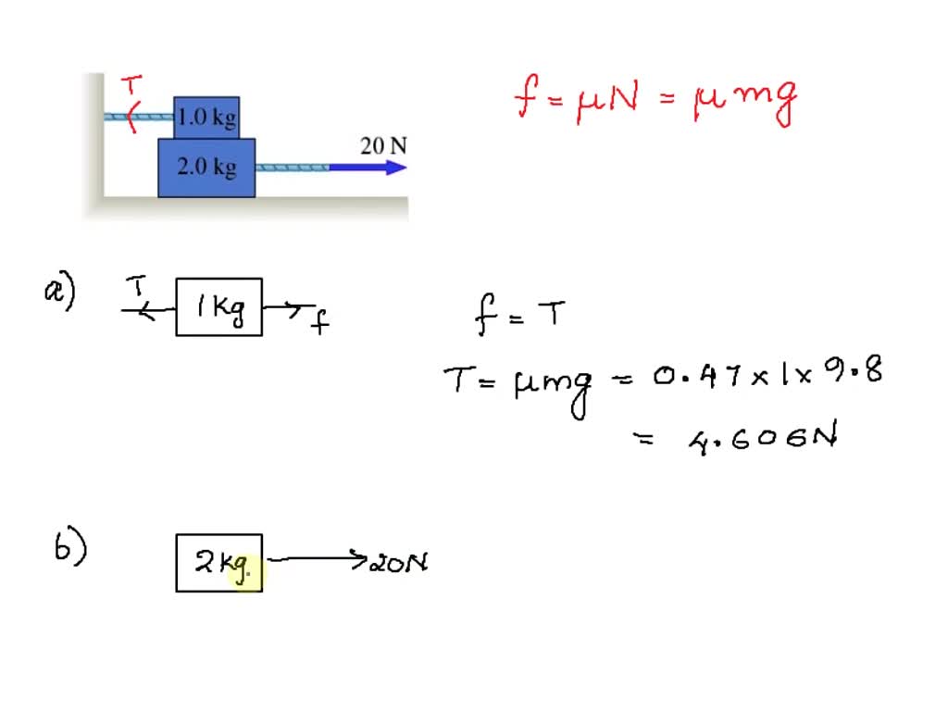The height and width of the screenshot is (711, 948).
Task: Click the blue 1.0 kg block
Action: pyautogui.click(x=206, y=118)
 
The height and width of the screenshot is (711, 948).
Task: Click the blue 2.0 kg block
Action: pyautogui.click(x=206, y=168)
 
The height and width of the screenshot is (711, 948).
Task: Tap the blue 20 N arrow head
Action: pyautogui.click(x=396, y=168)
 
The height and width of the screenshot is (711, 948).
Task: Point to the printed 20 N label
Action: pyautogui.click(x=383, y=145)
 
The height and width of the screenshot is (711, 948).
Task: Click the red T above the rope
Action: pyautogui.click(x=133, y=86)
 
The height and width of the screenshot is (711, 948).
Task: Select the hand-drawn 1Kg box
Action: pyautogui.click(x=219, y=307)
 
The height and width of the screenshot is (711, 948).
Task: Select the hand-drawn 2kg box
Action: pyautogui.click(x=219, y=563)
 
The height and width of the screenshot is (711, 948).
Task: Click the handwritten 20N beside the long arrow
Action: pyautogui.click(x=398, y=562)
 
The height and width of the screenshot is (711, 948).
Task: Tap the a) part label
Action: pyautogui.click(x=59, y=293)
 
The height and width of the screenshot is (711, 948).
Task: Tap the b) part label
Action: pyautogui.click(x=70, y=549)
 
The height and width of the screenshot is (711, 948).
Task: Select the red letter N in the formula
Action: pyautogui.click(x=622, y=97)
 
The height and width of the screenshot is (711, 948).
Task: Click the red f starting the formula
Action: pyautogui.click(x=527, y=97)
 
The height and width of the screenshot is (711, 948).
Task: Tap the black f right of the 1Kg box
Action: pyautogui.click(x=318, y=321)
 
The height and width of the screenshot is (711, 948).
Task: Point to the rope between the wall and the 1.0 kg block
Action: pyautogui.click(x=139, y=117)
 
